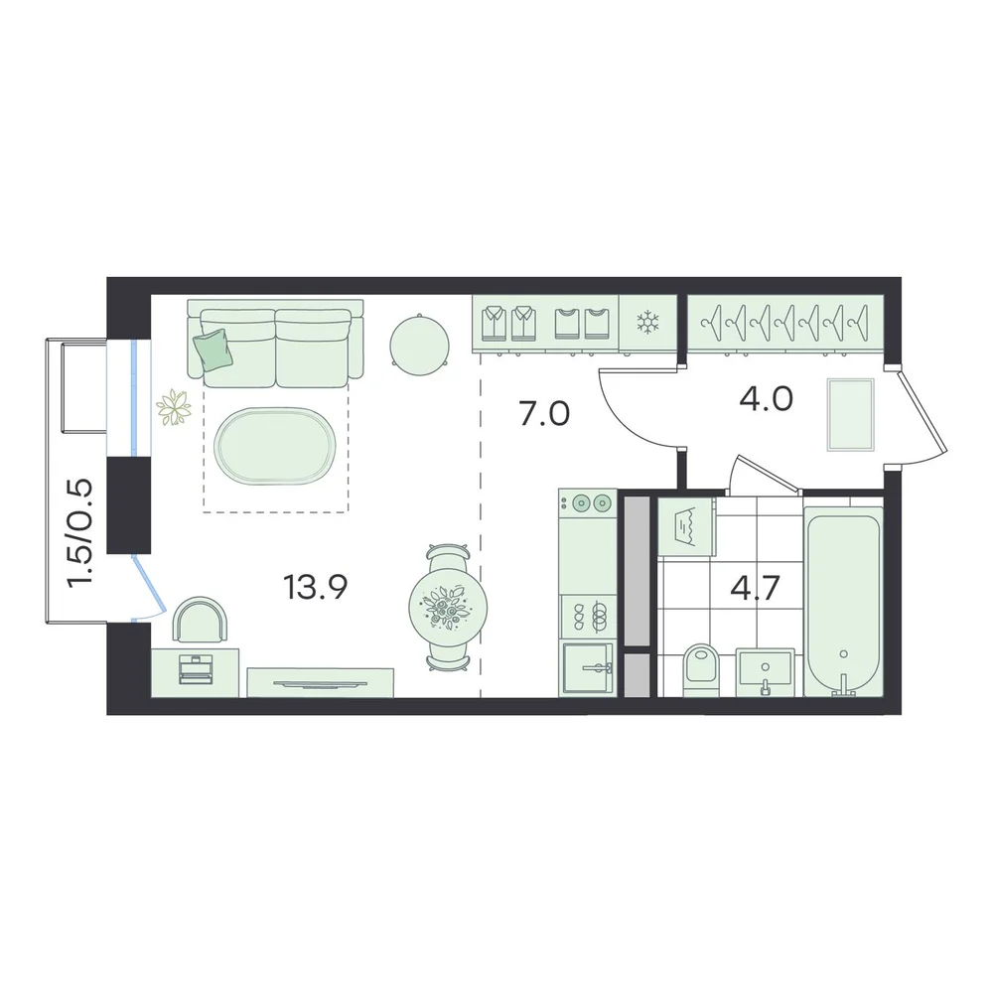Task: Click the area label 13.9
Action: (x=315, y=587)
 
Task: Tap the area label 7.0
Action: (x=544, y=415)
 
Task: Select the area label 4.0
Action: (x=766, y=399)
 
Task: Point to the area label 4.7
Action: (x=755, y=588)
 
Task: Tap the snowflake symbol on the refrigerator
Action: (x=647, y=323)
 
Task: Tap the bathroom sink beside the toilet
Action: (x=765, y=671)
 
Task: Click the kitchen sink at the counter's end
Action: (x=587, y=668)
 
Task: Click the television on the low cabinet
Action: (x=320, y=683)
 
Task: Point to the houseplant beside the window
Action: (x=174, y=407)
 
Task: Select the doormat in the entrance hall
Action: (x=851, y=415)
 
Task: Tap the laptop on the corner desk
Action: (x=196, y=669)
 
